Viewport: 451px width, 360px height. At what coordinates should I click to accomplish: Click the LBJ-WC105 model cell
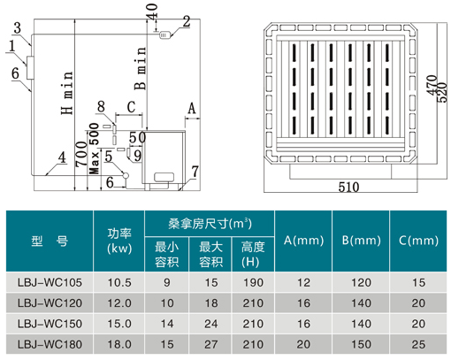[50, 282]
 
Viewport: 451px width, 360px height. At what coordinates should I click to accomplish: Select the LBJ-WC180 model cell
[50, 344]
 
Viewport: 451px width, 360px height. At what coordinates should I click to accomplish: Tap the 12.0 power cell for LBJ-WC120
[119, 303]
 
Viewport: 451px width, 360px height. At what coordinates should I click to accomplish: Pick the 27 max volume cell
[210, 344]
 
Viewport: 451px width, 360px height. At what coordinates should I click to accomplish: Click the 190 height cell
[253, 282]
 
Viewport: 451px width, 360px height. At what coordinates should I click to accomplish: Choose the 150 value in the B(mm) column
[361, 344]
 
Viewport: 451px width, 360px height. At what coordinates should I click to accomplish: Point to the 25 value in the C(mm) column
[418, 344]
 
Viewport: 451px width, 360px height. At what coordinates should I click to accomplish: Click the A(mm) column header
[303, 241]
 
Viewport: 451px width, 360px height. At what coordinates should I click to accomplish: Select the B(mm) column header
[361, 241]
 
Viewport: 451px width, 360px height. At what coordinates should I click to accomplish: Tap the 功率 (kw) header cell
[119, 241]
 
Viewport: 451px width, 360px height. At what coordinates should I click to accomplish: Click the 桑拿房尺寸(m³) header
[210, 224]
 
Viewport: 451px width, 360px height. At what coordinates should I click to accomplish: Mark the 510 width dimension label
[348, 188]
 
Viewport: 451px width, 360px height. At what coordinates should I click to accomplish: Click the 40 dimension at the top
[152, 11]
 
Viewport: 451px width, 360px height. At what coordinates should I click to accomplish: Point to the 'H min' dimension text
[67, 93]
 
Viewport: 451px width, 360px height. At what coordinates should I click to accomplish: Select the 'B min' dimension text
[141, 68]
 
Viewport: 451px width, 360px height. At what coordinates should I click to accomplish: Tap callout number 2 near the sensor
[187, 22]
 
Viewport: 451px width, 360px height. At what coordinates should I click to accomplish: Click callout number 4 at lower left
[62, 157]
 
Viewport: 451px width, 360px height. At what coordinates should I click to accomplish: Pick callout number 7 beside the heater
[195, 172]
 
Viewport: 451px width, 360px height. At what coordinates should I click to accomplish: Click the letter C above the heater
[131, 107]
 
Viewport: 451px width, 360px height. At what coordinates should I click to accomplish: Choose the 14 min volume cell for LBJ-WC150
[166, 324]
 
